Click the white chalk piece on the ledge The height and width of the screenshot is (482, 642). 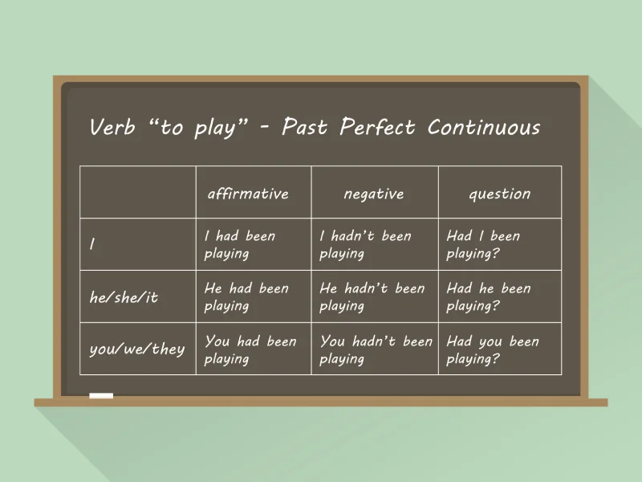[x=101, y=396]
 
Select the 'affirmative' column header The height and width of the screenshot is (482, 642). [x=248, y=194]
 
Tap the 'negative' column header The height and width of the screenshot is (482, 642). [x=374, y=194]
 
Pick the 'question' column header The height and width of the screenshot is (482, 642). [x=499, y=194]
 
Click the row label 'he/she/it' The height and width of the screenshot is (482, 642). [x=124, y=297]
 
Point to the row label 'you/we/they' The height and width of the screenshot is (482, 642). [x=136, y=349]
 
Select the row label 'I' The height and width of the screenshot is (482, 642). [x=92, y=245]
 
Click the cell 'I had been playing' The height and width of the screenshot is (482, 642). [x=240, y=245]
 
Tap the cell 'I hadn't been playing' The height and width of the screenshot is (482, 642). [x=365, y=245]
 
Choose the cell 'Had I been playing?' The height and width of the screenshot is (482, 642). [x=483, y=245]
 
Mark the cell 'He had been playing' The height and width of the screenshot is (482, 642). [x=246, y=297]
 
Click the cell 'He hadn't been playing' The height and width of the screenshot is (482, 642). [x=372, y=297]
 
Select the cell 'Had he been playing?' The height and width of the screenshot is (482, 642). [x=489, y=297]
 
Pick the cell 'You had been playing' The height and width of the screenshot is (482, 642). [x=250, y=349]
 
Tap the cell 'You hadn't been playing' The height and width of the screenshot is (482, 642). [x=376, y=349]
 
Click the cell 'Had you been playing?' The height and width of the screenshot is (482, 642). [x=493, y=349]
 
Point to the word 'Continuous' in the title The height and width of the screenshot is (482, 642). [x=484, y=127]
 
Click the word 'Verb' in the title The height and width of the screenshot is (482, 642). [x=113, y=127]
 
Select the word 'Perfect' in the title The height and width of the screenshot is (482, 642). [x=377, y=127]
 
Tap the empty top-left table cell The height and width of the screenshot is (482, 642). [x=137, y=192]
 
